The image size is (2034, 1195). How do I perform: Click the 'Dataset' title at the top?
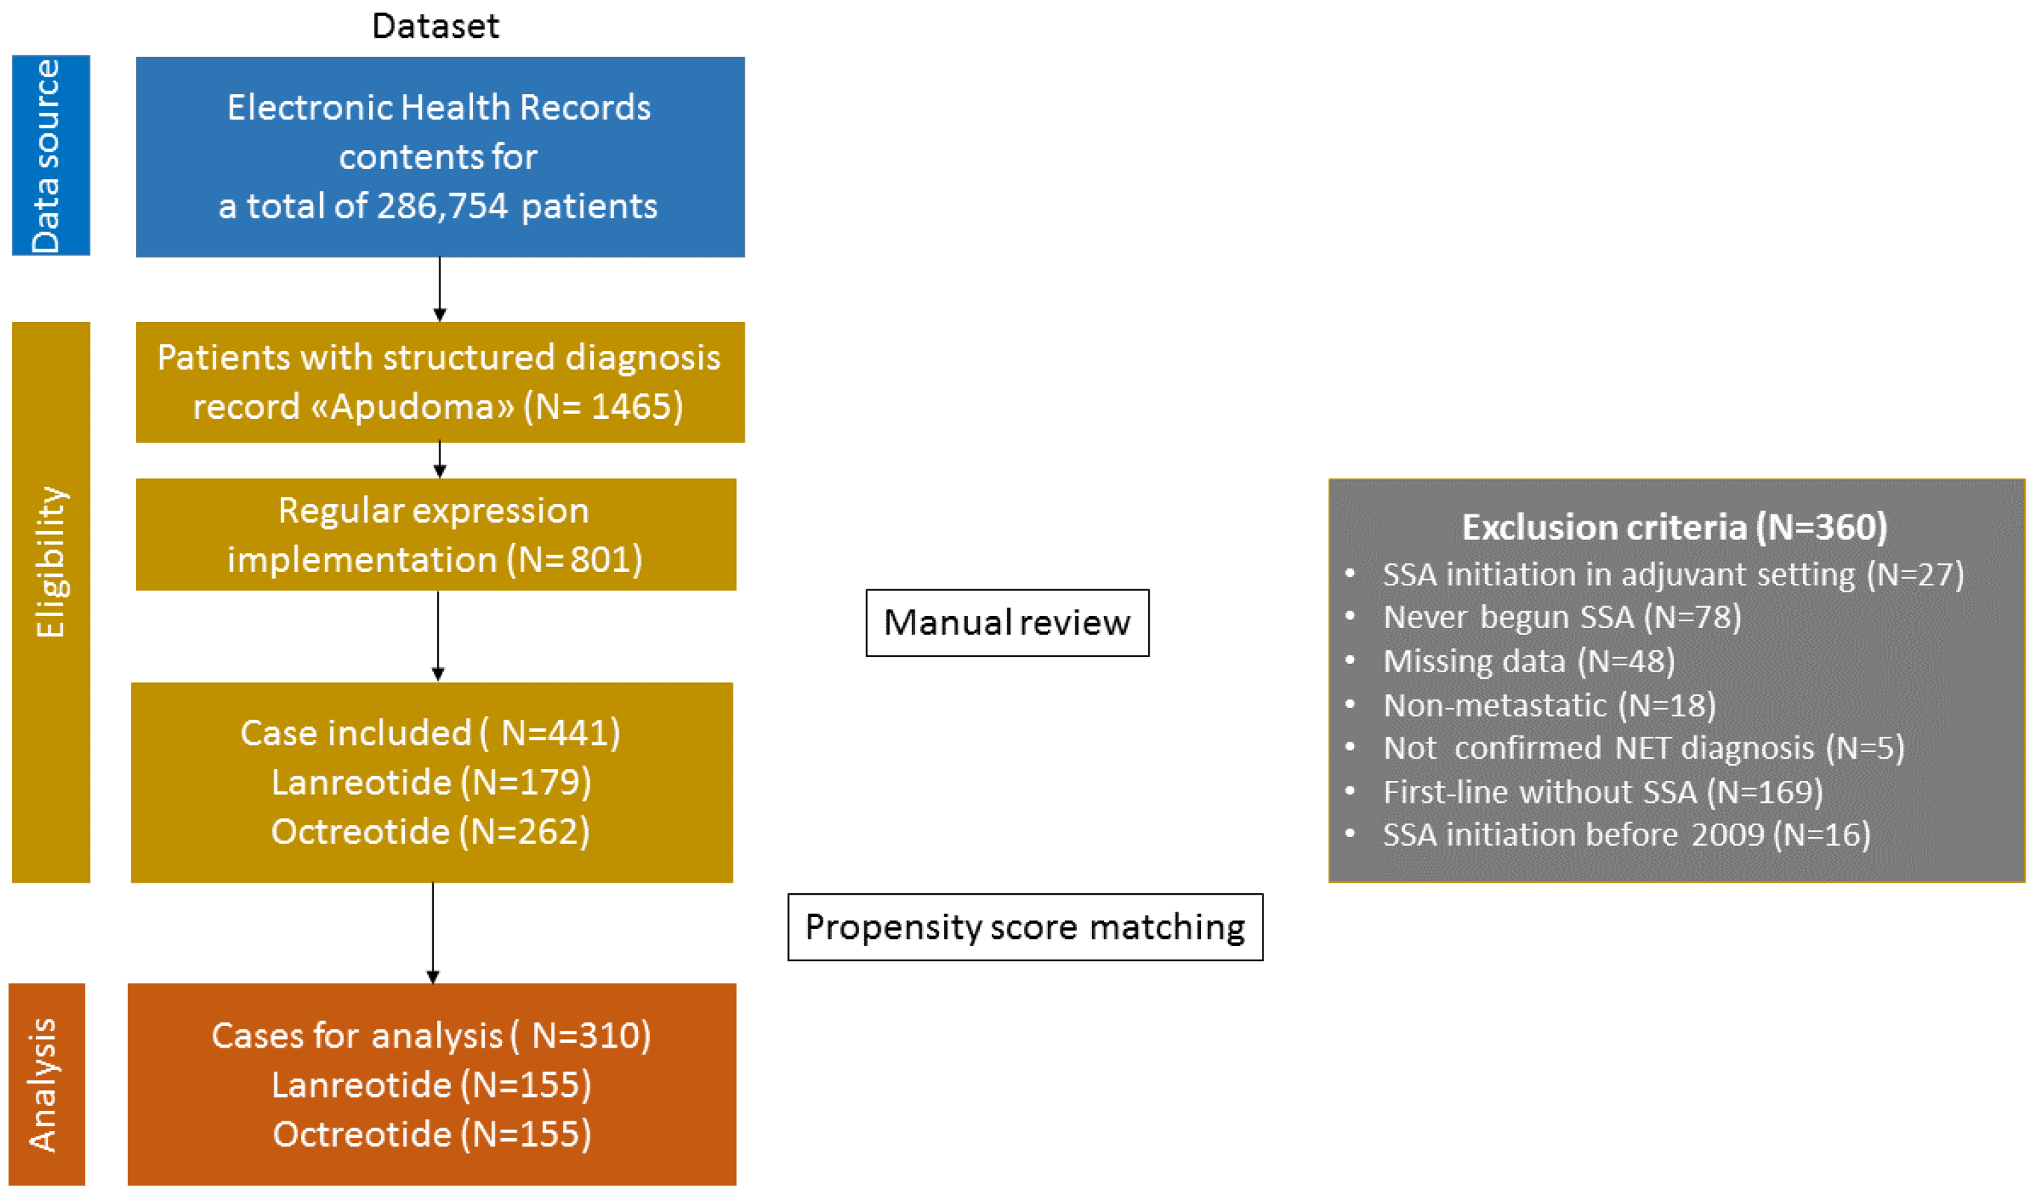coord(435,27)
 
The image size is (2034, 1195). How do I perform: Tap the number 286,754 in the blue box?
coord(442,206)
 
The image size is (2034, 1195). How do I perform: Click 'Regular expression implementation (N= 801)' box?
coord(435,535)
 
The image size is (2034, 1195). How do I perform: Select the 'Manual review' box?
coord(1006,623)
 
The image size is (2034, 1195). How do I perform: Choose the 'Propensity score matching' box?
coord(1024,927)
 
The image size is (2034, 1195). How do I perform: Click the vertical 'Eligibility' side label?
coord(50,563)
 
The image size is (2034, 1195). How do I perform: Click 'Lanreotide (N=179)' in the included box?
coord(431,782)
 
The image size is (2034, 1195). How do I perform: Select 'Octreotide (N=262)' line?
coord(431,832)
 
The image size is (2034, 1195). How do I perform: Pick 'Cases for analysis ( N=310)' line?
coord(431,1035)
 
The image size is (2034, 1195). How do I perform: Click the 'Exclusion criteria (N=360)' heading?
coord(1674,528)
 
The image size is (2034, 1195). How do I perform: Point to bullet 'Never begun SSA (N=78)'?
coord(1561,617)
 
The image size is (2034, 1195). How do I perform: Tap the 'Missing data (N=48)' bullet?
coord(1529,662)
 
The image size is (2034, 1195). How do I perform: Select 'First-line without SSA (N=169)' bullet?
coord(1602,792)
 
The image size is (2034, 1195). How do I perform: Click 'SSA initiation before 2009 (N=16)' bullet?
coord(1626,835)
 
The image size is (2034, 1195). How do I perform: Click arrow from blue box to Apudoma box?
coord(439,289)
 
